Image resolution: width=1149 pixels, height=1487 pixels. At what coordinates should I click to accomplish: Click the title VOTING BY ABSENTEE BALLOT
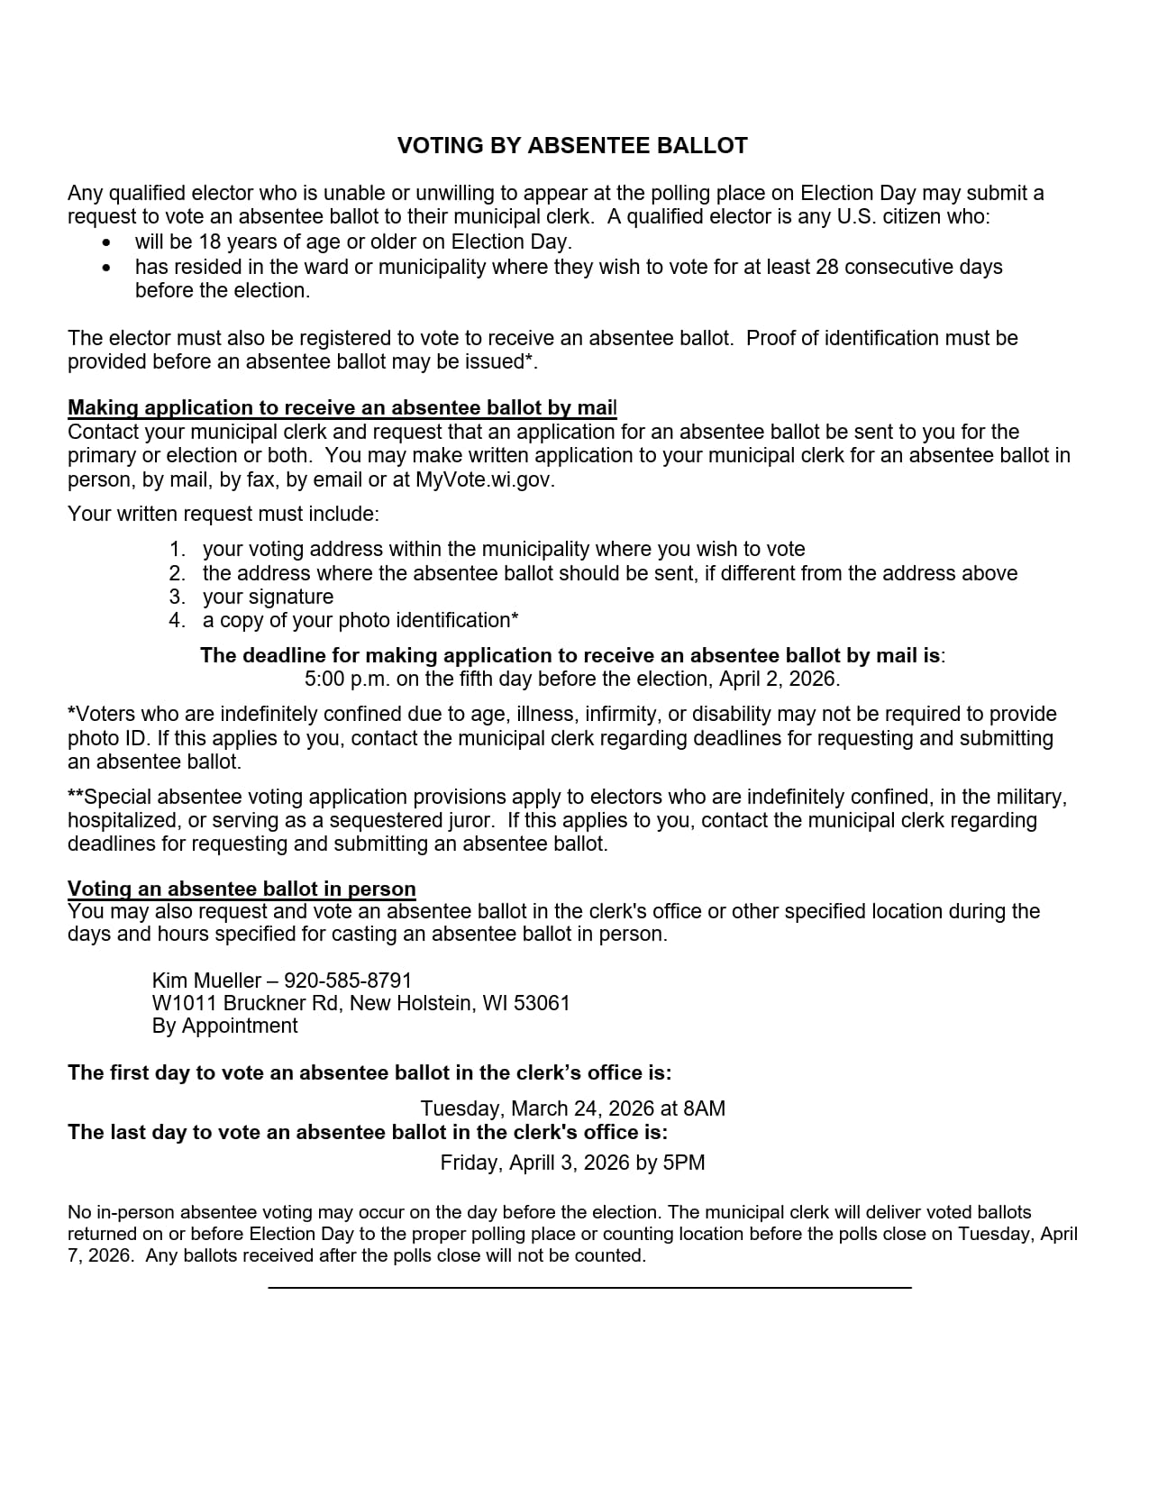pos(572,146)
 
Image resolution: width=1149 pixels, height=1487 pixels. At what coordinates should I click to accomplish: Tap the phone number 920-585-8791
pos(348,981)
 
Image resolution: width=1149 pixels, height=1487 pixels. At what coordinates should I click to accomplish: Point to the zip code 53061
pos(542,1003)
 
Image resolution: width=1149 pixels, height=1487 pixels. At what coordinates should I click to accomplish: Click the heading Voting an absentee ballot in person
pos(242,889)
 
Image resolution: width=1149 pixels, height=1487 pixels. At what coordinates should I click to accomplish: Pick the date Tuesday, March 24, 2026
pos(527,1108)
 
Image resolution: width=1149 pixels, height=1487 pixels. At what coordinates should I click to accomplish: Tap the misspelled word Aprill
pos(537,1163)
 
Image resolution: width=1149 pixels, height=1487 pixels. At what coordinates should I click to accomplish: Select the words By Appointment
pos(224,1026)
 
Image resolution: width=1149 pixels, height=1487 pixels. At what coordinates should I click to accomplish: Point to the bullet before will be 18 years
pos(108,243)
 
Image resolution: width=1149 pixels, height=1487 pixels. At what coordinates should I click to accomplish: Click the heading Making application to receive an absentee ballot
pos(342,408)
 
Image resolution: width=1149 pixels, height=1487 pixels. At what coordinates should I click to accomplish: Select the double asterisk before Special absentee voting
pos(75,796)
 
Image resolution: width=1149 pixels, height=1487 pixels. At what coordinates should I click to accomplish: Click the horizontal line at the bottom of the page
pos(589,1287)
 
